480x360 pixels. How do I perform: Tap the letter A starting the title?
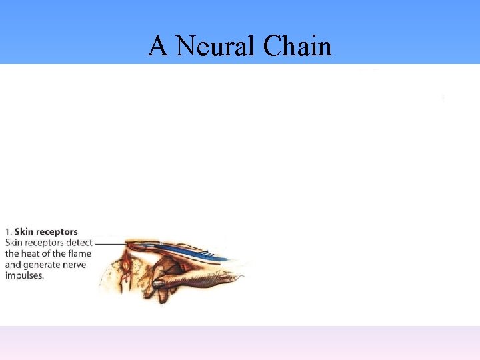click(x=157, y=46)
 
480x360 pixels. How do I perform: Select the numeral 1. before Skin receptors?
click(x=9, y=232)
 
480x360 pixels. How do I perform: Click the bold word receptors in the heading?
click(x=57, y=232)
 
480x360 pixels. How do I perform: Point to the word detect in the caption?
click(x=79, y=243)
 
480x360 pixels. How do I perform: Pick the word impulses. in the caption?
click(x=25, y=275)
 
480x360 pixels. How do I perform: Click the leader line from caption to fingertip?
click(x=110, y=245)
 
